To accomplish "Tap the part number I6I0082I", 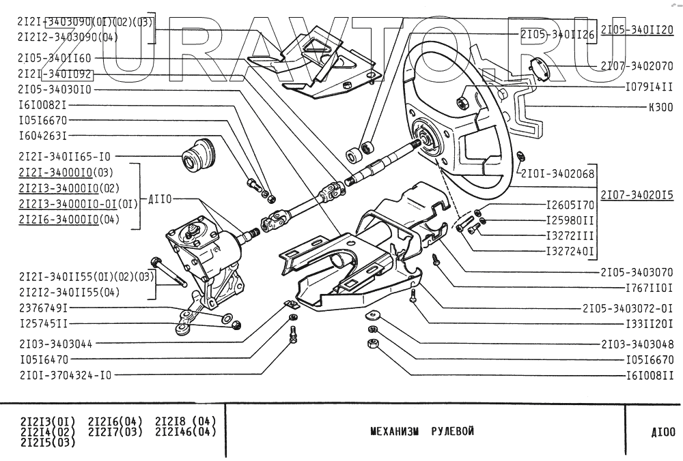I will click(42, 106).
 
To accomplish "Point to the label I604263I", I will click(42, 136).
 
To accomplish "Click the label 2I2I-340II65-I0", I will click(65, 155).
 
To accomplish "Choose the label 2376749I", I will click(42, 308).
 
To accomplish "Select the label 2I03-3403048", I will click(637, 344).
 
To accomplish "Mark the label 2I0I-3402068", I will click(559, 173).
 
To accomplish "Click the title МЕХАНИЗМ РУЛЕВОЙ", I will click(424, 432).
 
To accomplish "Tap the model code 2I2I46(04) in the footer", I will click(185, 431).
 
